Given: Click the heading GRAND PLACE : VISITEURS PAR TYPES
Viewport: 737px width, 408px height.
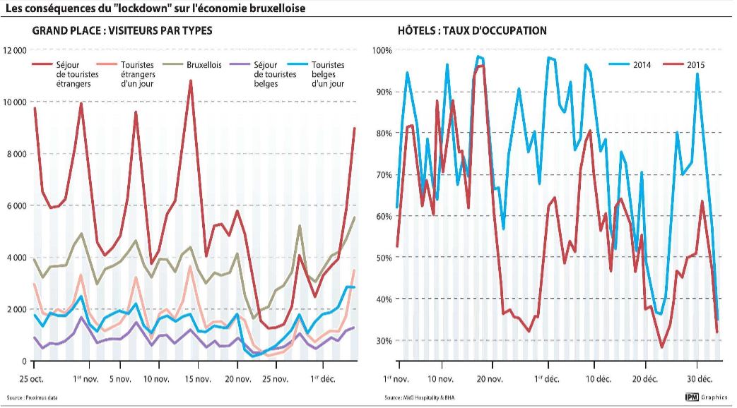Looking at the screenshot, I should point(122,31).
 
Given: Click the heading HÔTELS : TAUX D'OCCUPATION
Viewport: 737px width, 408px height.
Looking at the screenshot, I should point(472,31).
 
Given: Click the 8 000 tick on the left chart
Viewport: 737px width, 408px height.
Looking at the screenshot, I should point(17,154).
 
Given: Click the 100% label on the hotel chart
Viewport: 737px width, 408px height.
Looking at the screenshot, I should point(382,51).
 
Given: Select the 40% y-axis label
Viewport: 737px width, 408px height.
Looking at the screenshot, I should point(384,299).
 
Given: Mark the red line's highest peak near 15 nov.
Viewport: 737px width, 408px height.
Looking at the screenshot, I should point(191,81).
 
